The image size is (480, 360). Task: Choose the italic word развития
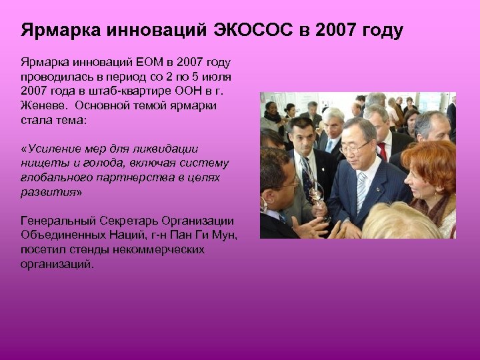click(x=49, y=192)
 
